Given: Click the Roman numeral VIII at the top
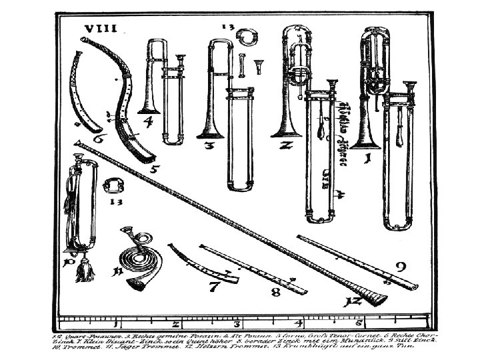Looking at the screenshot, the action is [x=99, y=28].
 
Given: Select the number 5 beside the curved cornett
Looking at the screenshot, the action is [x=154, y=168].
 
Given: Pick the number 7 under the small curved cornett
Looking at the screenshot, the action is [x=214, y=289].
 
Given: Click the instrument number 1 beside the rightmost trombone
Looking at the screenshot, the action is [x=365, y=158].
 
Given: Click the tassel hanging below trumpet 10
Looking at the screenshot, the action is [x=85, y=271].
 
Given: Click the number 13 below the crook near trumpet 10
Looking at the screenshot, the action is [x=115, y=199].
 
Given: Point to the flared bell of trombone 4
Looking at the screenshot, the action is [x=147, y=107].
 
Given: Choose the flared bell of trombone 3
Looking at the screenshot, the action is [x=211, y=130].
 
